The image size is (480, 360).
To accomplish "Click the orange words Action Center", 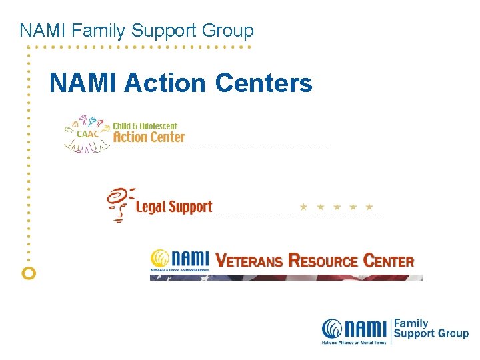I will (x=149, y=137).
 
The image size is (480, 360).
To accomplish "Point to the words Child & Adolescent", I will (x=145, y=125).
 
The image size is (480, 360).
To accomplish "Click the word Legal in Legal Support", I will (x=151, y=207).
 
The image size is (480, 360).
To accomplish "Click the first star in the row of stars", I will (x=303, y=207).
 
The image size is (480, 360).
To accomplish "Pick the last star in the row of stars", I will (x=369, y=207).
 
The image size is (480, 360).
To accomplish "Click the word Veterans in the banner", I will (x=250, y=260).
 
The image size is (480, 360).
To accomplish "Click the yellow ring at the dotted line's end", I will (x=29, y=273).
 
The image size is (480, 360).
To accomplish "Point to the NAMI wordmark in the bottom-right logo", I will (x=355, y=329).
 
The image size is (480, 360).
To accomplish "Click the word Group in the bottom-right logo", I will (x=453, y=333).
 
